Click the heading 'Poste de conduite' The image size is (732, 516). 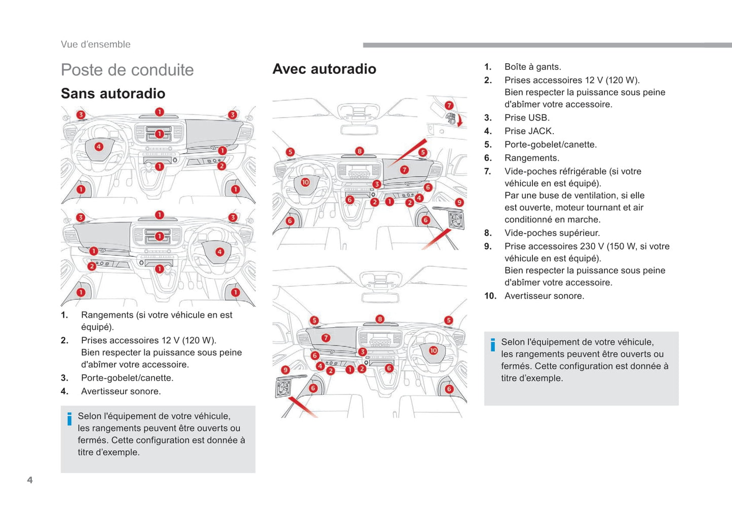(x=127, y=70)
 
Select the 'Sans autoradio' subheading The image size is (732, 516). (x=113, y=94)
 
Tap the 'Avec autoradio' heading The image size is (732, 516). (x=324, y=69)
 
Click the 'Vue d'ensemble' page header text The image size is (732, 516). (x=96, y=45)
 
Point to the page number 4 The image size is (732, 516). (x=30, y=480)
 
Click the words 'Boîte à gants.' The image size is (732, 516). (x=532, y=67)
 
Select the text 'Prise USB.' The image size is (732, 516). (x=527, y=117)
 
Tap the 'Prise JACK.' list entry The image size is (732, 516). (x=529, y=131)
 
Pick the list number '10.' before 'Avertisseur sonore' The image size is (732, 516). (x=490, y=296)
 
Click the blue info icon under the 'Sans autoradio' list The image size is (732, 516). (x=69, y=419)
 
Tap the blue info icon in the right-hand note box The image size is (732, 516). (x=492, y=345)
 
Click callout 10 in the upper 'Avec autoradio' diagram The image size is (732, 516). (x=305, y=182)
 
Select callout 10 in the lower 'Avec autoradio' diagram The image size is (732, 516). (x=433, y=350)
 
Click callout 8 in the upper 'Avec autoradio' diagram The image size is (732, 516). (x=359, y=151)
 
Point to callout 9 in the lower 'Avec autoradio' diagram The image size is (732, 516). (x=285, y=370)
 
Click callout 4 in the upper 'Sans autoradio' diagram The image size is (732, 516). (x=98, y=147)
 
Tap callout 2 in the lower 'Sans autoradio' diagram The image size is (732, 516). (x=92, y=266)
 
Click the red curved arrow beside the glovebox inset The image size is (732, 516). (x=460, y=121)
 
